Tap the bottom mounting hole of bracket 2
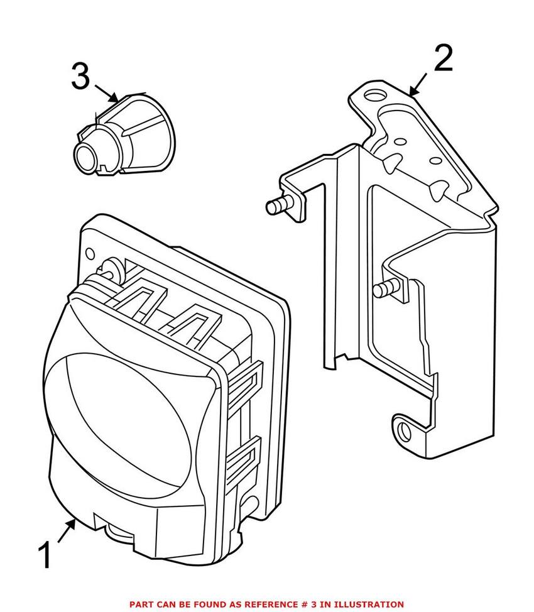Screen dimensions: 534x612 click(404, 432)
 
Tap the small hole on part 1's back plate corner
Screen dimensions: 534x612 click(90, 254)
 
